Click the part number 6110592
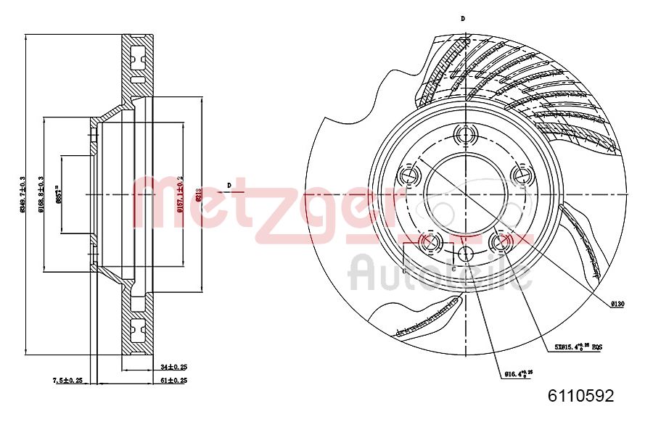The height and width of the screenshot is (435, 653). (x=580, y=396)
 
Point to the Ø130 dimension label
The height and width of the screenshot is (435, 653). (x=617, y=305)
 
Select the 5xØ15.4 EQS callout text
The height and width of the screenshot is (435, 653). (x=578, y=347)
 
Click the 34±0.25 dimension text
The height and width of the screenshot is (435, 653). (x=173, y=368)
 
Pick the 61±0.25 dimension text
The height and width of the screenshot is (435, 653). (x=173, y=380)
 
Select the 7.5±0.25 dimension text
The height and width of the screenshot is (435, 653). (x=67, y=380)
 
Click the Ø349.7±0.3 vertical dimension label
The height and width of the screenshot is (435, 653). (x=22, y=194)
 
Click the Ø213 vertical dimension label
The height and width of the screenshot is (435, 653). (x=198, y=194)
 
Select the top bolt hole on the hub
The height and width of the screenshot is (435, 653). (x=464, y=134)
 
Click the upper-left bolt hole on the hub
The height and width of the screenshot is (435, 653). (x=408, y=175)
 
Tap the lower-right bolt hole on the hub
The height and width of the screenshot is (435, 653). (x=499, y=241)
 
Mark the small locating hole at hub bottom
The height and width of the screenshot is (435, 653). (x=464, y=253)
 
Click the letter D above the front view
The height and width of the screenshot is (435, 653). (x=463, y=18)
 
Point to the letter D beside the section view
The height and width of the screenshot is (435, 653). (x=229, y=186)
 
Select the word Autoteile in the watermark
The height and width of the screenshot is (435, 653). (x=440, y=274)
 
